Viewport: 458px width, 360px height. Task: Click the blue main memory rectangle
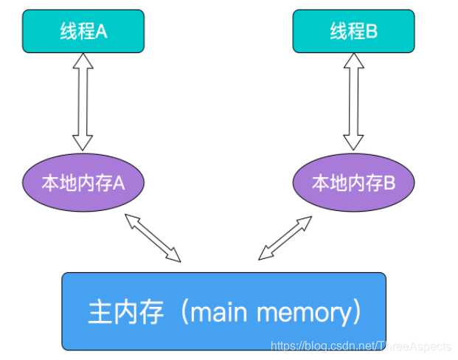(223, 311)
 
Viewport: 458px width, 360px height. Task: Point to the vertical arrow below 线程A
(83, 103)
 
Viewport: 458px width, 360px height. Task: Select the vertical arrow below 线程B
(353, 103)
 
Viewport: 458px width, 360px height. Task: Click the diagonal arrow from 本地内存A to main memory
(153, 237)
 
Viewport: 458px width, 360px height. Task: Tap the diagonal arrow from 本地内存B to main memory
(286, 237)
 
